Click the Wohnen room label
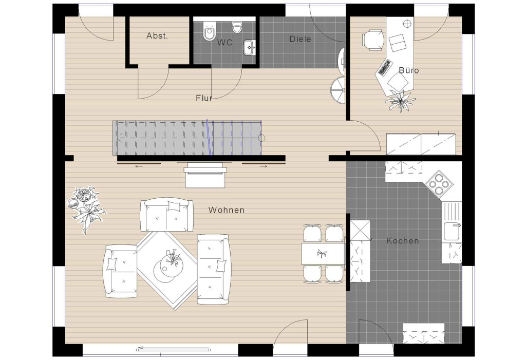tap(226, 210)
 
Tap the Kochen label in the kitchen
tap(402, 240)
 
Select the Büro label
tap(408, 70)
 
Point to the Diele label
tap(300, 39)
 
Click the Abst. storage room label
tap(157, 35)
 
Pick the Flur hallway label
tap(204, 98)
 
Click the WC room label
tap(224, 42)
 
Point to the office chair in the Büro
tap(373, 40)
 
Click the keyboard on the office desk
tap(385, 67)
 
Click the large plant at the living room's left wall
tap(86, 209)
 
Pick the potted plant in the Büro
tap(401, 100)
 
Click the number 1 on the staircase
tap(121, 136)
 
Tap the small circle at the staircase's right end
tap(261, 138)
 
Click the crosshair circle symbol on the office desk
tap(407, 24)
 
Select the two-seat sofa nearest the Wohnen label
tap(167, 215)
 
